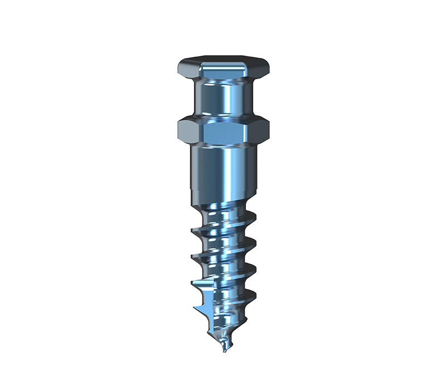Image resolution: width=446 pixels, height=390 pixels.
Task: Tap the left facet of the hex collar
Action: point(188,131)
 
